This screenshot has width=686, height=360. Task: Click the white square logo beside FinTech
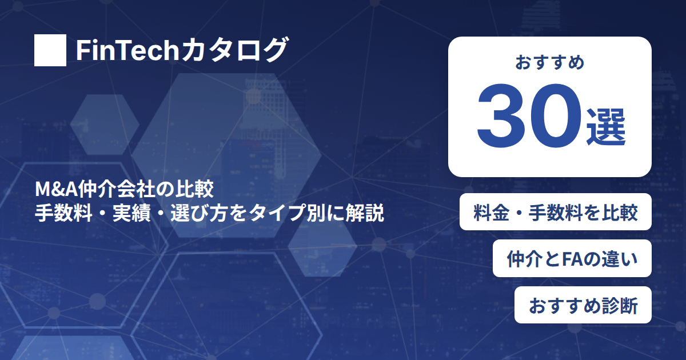[50, 50]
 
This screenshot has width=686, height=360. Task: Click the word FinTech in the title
[127, 50]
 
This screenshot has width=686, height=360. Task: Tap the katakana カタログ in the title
[234, 50]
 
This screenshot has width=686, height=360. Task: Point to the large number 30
[529, 115]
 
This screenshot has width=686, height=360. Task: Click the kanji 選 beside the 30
[606, 127]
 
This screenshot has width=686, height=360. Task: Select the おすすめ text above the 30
[550, 62]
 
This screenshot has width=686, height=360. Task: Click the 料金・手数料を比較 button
[556, 212]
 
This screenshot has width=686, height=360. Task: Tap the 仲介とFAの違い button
[572, 258]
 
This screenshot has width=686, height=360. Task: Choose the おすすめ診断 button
[583, 305]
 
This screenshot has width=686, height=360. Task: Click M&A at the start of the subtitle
[56, 189]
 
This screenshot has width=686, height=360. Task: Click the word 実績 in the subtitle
[131, 213]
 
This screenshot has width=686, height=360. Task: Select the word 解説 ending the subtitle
[365, 213]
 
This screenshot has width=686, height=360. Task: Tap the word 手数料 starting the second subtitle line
[63, 213]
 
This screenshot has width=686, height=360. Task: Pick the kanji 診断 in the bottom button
[619, 306]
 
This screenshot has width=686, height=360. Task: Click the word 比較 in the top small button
[620, 213]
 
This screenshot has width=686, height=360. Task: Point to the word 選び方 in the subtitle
[199, 213]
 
